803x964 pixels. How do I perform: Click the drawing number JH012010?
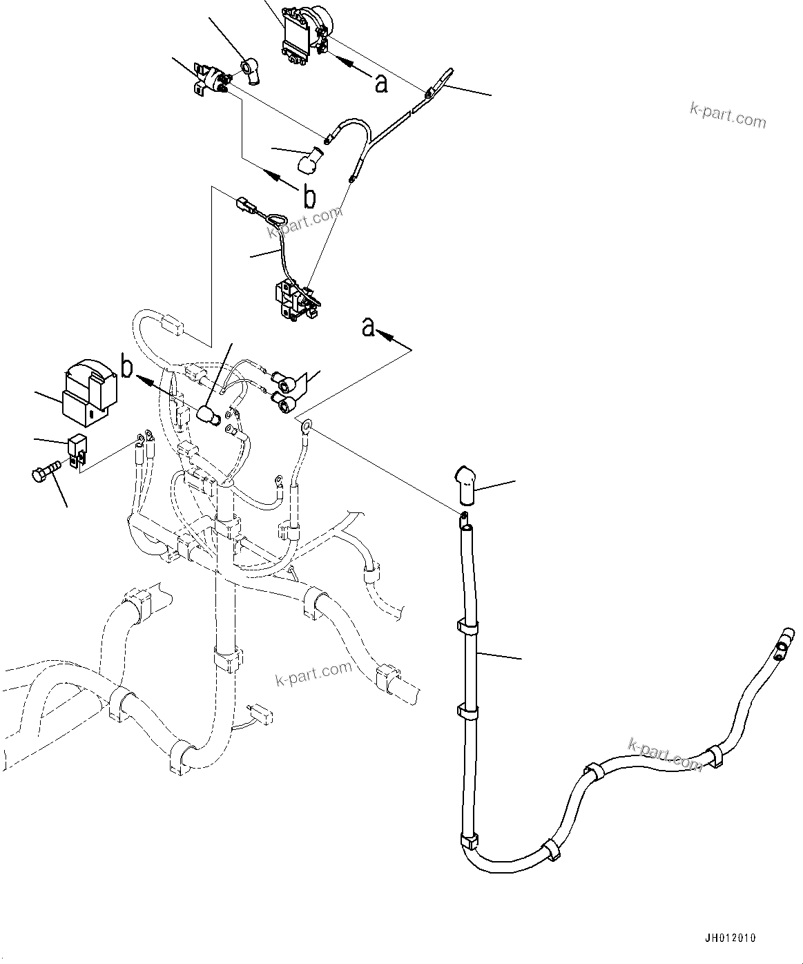(x=731, y=938)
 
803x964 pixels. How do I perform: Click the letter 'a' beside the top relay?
(x=380, y=84)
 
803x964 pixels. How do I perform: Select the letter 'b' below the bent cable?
(x=310, y=197)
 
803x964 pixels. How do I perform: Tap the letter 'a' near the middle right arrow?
(x=369, y=327)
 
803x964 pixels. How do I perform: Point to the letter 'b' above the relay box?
(x=127, y=367)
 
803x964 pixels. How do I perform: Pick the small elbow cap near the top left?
(x=249, y=71)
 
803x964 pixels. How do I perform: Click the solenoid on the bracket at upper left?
(x=215, y=79)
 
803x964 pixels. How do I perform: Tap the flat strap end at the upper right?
(x=440, y=81)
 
